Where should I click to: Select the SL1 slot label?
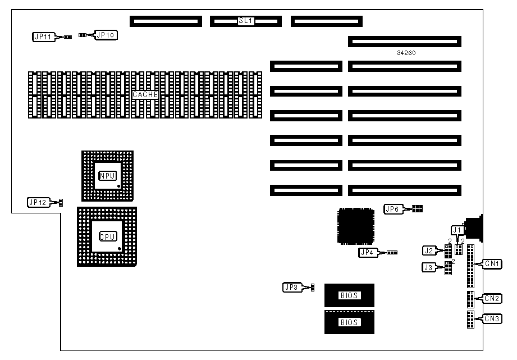(246, 21)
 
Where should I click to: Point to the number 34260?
(406, 53)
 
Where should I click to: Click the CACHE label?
(145, 95)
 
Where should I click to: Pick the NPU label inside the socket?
(107, 176)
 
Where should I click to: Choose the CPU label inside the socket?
(107, 236)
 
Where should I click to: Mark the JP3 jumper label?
(291, 288)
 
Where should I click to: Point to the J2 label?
(429, 250)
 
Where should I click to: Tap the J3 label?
(429, 268)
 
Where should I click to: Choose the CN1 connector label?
(492, 263)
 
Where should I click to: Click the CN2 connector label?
(493, 299)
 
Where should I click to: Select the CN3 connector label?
(492, 319)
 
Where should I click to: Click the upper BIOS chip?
(349, 295)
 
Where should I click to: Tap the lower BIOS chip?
(349, 322)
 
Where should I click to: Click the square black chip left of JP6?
(355, 227)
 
